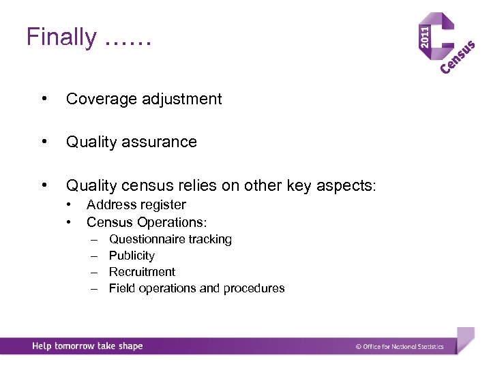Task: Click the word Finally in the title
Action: (61, 37)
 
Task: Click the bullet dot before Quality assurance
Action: (44, 142)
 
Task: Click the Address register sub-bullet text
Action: (136, 204)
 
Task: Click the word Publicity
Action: (132, 256)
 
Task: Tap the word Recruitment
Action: (142, 272)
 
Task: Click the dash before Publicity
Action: (95, 256)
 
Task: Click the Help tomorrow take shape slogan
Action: (87, 346)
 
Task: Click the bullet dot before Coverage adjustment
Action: (44, 99)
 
